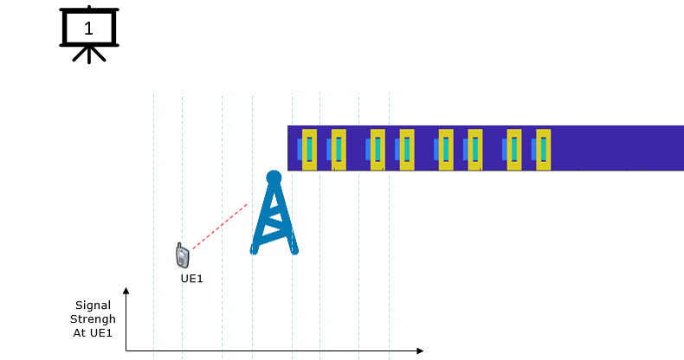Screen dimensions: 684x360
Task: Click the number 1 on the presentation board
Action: pyautogui.click(x=88, y=29)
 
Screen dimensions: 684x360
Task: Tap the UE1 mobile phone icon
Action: pyautogui.click(x=183, y=255)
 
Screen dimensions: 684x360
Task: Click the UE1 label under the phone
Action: pyautogui.click(x=192, y=279)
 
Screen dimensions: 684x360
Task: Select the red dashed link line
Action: pyautogui.click(x=220, y=226)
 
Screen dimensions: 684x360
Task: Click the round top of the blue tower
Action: pyautogui.click(x=274, y=177)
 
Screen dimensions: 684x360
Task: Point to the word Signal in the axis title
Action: pyautogui.click(x=93, y=305)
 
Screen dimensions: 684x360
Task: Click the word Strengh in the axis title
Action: pyautogui.click(x=93, y=319)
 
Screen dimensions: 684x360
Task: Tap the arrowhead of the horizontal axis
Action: pyautogui.click(x=420, y=350)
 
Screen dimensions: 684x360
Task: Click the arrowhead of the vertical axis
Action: pyautogui.click(x=126, y=291)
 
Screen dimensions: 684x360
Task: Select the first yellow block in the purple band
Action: pyautogui.click(x=309, y=150)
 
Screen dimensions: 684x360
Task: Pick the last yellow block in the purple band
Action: pyautogui.click(x=543, y=150)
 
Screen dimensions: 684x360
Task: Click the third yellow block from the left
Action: pyautogui.click(x=377, y=150)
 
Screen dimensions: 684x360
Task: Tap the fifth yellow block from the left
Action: pyautogui.click(x=446, y=150)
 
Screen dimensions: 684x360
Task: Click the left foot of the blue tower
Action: pyautogui.click(x=254, y=250)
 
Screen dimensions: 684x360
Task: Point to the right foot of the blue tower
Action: pyautogui.click(x=294, y=250)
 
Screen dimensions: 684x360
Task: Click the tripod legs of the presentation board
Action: pyautogui.click(x=89, y=55)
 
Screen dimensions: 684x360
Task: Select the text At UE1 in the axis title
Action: pyautogui.click(x=93, y=333)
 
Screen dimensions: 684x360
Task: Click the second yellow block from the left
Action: pyautogui.click(x=339, y=150)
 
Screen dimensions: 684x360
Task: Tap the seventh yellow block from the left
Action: pyautogui.click(x=514, y=150)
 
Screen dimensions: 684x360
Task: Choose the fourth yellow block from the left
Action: pyautogui.click(x=407, y=150)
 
